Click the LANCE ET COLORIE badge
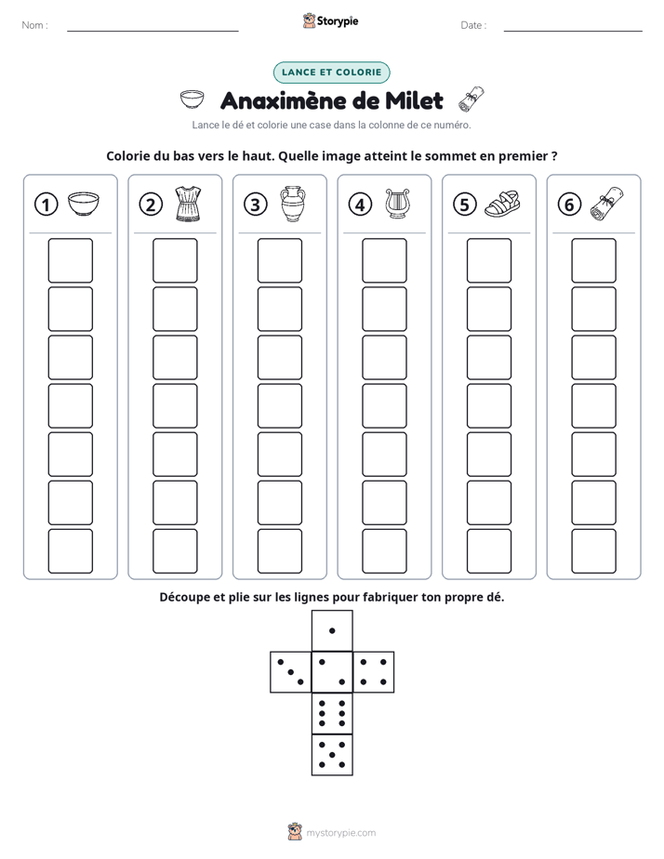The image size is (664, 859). tap(331, 73)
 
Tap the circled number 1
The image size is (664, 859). tap(46, 205)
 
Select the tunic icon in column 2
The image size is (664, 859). tap(188, 204)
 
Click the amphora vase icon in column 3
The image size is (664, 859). tap(293, 204)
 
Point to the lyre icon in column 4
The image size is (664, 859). tap(397, 204)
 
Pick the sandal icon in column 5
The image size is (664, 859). tap(502, 204)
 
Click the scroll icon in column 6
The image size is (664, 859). tap(607, 204)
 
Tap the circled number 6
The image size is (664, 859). tap(569, 205)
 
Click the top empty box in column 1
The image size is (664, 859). tap(70, 260)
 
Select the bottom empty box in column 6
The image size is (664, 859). tap(594, 551)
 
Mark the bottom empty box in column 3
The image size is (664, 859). tap(279, 551)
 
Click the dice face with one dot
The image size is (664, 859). tap(332, 630)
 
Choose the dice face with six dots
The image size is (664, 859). tap(332, 713)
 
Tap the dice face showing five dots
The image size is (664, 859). tap(332, 754)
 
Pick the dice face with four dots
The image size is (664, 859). tap(374, 672)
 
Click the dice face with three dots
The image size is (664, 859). tap(291, 672)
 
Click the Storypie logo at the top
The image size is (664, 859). tap(331, 20)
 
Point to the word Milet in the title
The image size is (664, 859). tap(414, 100)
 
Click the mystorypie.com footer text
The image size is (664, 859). tap(340, 833)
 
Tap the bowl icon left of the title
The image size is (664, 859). tap(193, 99)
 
